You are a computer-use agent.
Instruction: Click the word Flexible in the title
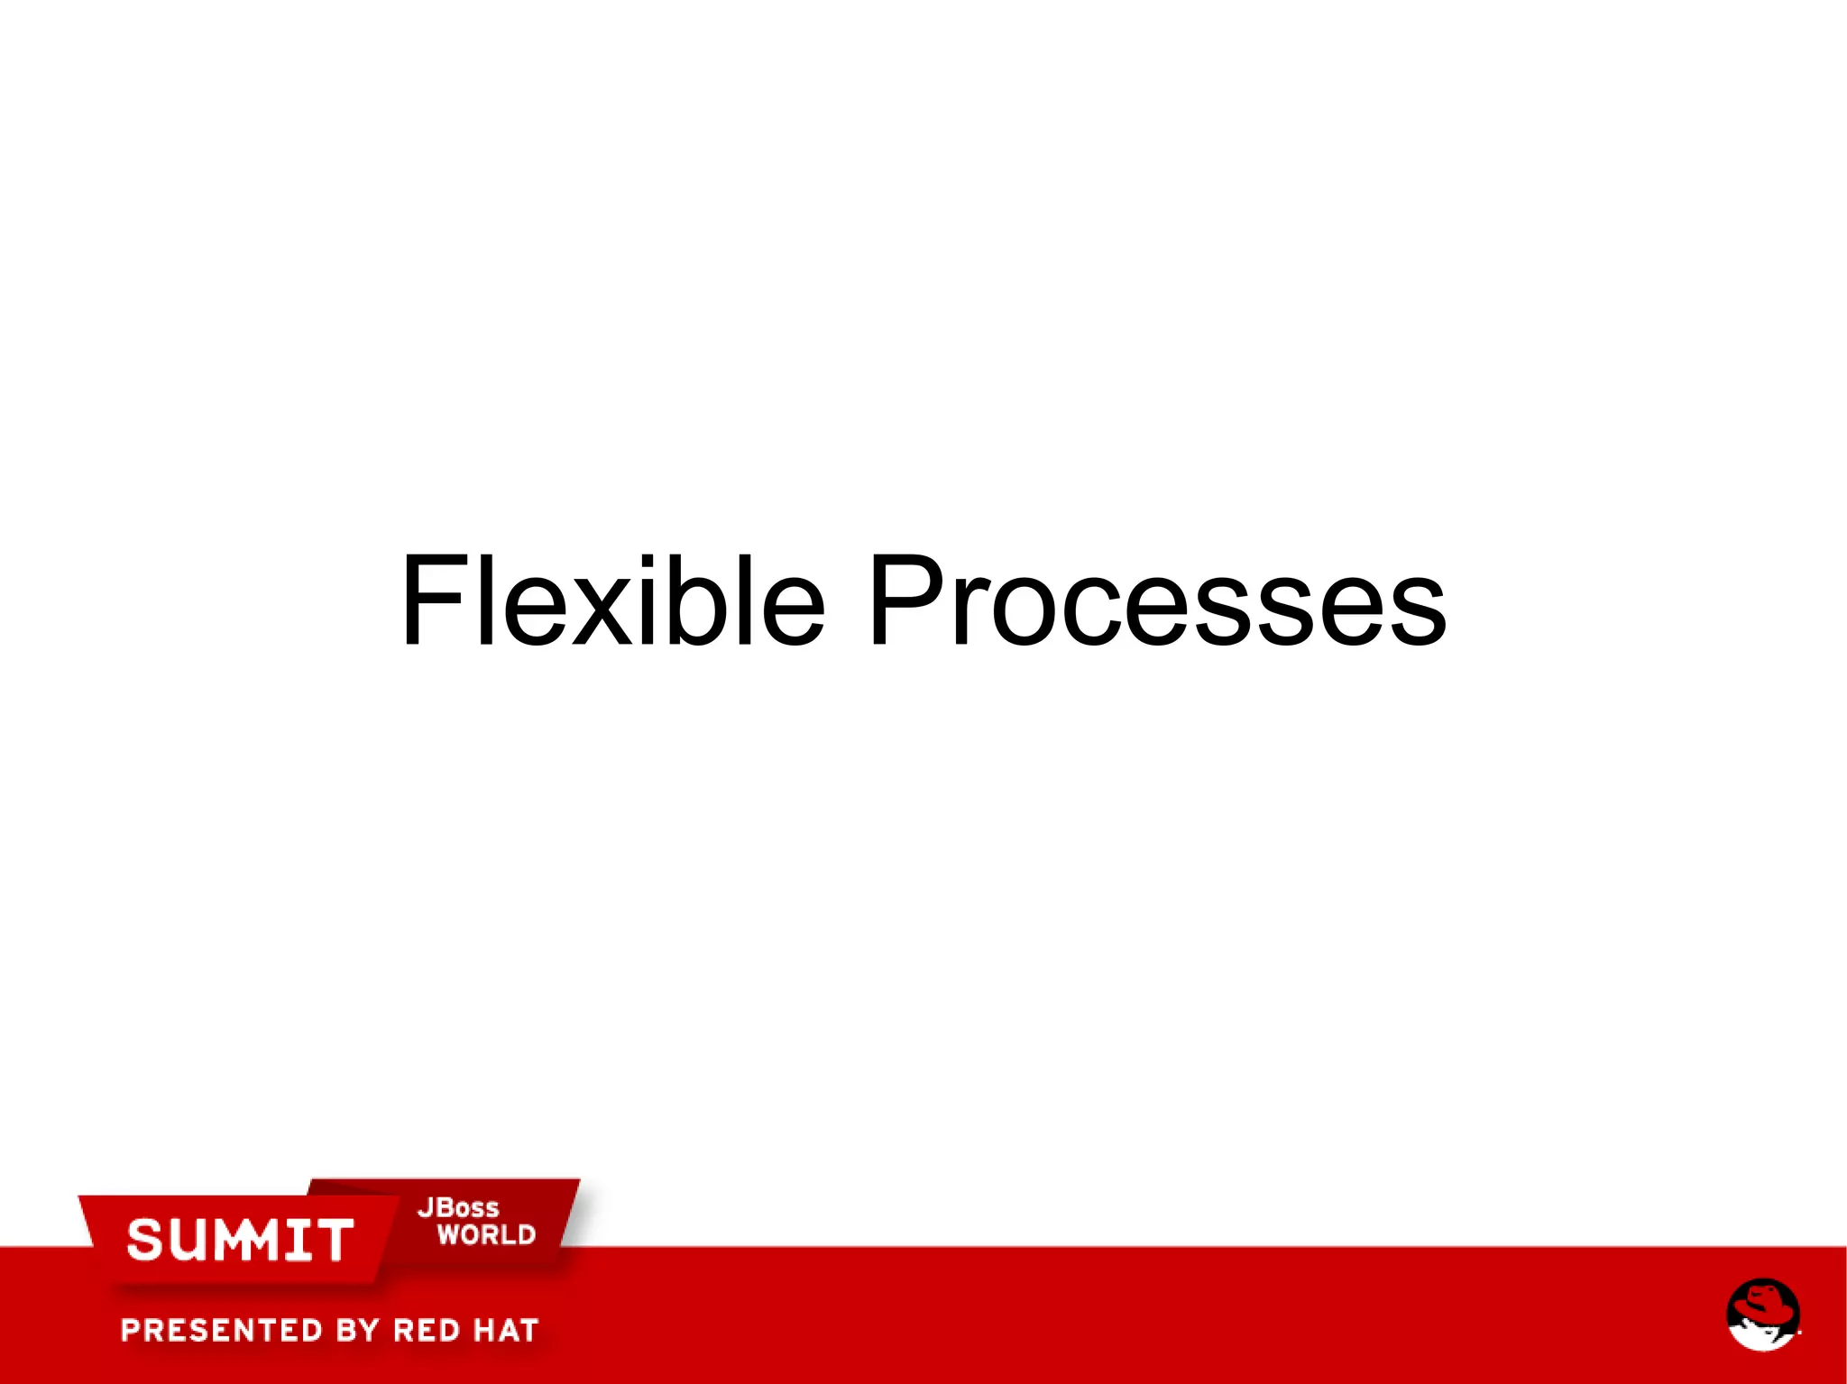click(x=611, y=601)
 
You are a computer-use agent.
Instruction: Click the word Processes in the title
click(x=1156, y=601)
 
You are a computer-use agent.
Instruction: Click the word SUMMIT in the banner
click(x=240, y=1240)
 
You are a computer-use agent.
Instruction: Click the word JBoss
click(x=457, y=1208)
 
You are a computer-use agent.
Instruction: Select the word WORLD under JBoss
click(x=486, y=1235)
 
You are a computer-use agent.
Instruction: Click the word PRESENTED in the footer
click(x=222, y=1330)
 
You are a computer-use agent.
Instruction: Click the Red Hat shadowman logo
click(x=1763, y=1315)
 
